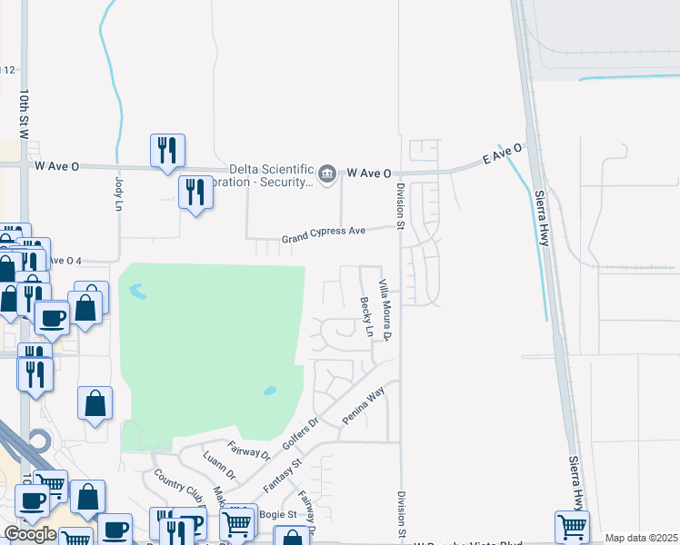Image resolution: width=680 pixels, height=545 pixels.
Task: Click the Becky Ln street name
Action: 366,317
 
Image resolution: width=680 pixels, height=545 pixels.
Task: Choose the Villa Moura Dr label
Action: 385,311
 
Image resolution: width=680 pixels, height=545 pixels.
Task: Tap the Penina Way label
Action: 364,406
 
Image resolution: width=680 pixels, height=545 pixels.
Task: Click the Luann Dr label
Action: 219,464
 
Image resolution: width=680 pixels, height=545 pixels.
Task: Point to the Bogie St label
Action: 279,514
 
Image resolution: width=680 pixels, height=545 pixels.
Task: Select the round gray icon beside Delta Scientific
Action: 328,173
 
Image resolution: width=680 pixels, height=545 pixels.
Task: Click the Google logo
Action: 30,534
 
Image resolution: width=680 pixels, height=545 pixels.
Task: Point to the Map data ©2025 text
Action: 641,538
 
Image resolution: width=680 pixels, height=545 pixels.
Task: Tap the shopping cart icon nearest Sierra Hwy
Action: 572,526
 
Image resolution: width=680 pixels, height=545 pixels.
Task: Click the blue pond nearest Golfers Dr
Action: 270,391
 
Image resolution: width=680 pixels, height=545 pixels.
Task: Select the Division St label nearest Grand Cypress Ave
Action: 400,205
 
